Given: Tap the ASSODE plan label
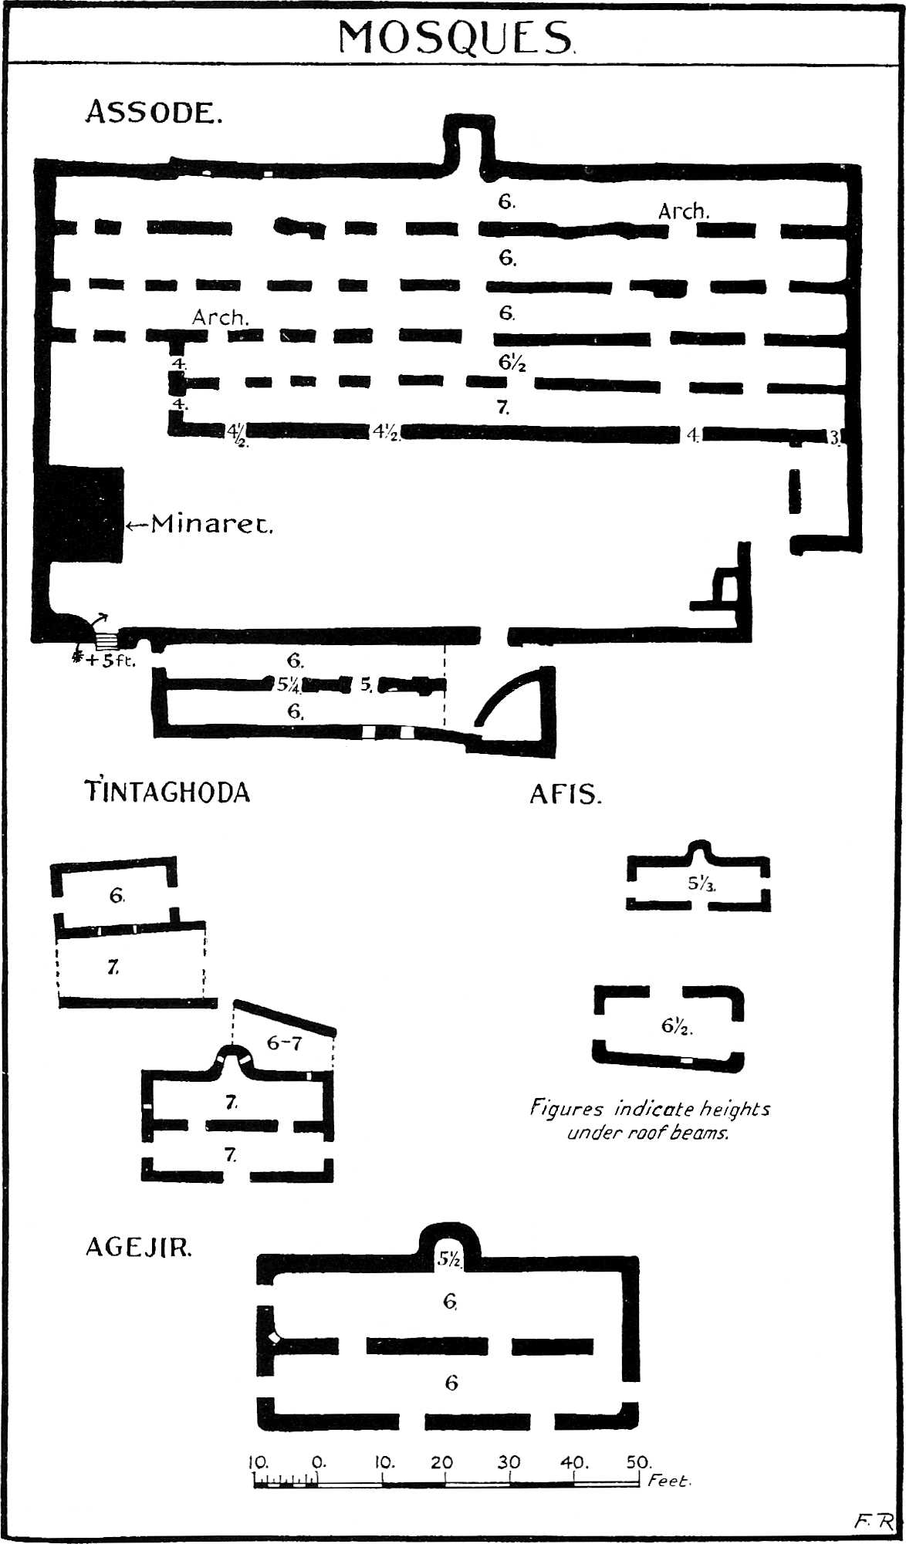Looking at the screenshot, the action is pyautogui.click(x=154, y=113).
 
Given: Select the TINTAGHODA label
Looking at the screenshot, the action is pyautogui.click(x=167, y=792).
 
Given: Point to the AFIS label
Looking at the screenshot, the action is pyautogui.click(x=565, y=795).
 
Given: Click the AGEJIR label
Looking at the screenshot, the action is pyautogui.click(x=138, y=1248).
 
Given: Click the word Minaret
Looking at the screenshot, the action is pyautogui.click(x=211, y=525).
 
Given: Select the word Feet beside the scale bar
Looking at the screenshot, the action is pyautogui.click(x=669, y=1481).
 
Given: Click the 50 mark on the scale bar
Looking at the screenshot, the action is pyautogui.click(x=639, y=1462).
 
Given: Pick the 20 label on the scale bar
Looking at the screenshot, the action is pyautogui.click(x=443, y=1462).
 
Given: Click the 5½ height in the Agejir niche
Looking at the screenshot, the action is pyautogui.click(x=449, y=1259).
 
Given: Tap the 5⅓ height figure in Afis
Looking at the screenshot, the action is pyautogui.click(x=701, y=883).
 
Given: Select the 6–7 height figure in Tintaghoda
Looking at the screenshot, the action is pyautogui.click(x=284, y=1043).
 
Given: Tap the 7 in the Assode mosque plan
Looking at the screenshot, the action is pyautogui.click(x=503, y=407).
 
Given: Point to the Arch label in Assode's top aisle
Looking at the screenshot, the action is pyautogui.click(x=684, y=211).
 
